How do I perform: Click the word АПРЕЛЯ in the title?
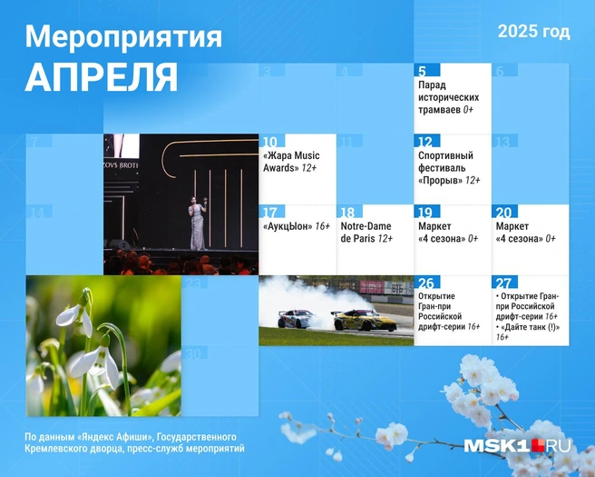pos(102,76)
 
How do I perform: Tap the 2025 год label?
pos(533,32)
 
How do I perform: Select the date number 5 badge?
pos(427,70)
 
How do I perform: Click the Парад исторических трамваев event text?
pos(449,97)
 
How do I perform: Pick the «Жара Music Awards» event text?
pos(291,162)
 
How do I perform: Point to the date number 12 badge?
pos(427,141)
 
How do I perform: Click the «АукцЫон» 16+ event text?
pos(297,226)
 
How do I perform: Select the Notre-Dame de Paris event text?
pos(366,233)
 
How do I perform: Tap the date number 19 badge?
pos(427,212)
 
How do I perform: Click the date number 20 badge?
pos(504,212)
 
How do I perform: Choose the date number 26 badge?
pos(427,283)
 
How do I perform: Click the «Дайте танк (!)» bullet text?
pos(528,332)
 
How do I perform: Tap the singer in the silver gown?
pos(198,224)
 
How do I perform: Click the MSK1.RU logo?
pos(518,445)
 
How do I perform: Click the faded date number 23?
pos(194,283)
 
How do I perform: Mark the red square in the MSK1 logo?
pos(538,445)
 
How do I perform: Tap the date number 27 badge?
pos(504,283)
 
